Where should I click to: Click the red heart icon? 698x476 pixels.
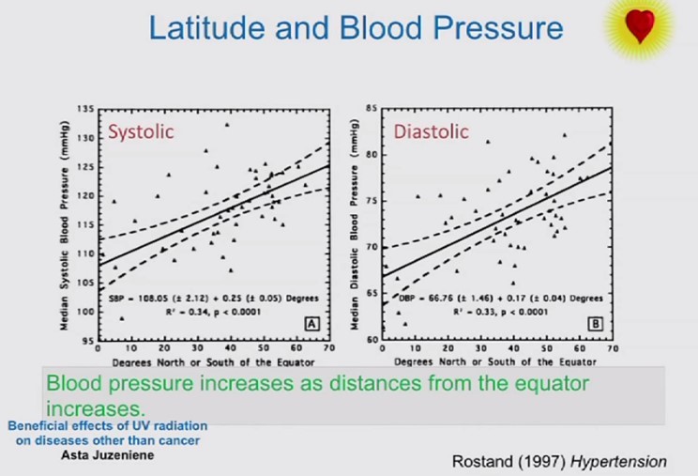[641, 26]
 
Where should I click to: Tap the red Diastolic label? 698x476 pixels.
[431, 131]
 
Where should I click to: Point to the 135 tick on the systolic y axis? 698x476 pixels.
[86, 110]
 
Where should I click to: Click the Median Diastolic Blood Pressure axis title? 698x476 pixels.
[355, 225]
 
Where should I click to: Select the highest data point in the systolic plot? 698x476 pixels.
[226, 124]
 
